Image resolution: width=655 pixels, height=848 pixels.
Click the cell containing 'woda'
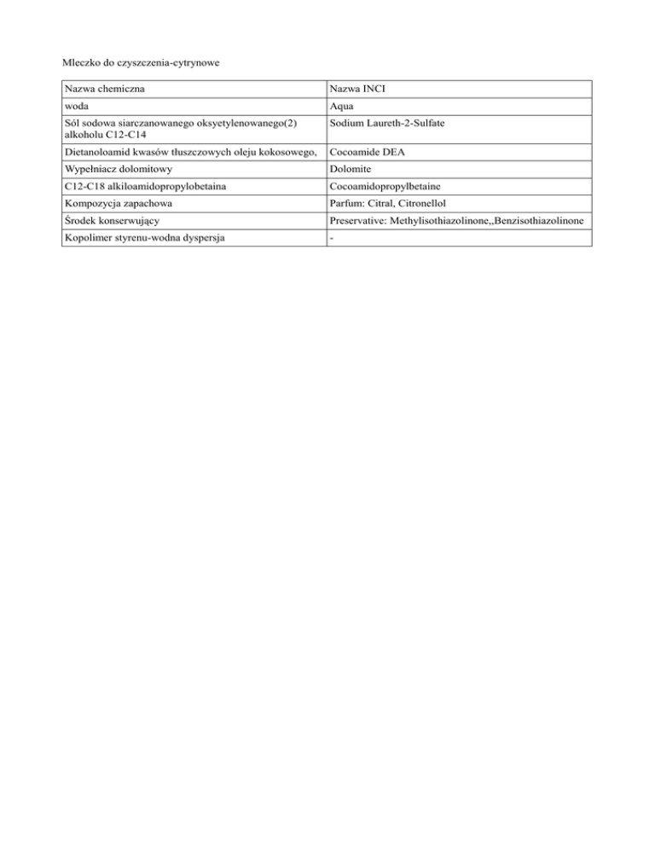(78, 107)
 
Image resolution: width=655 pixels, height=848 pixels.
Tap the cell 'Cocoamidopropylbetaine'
(389, 187)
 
